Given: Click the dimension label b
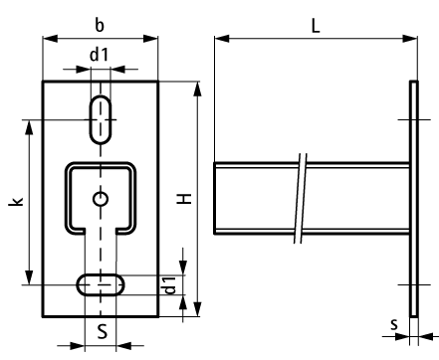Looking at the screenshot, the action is [x=100, y=25].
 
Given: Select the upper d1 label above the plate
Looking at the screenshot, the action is [x=100, y=55].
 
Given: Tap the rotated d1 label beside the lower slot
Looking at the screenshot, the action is [x=170, y=285].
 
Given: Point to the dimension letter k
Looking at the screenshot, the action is [x=16, y=201].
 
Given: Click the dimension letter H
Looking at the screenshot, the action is [x=184, y=199].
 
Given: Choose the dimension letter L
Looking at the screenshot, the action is [x=316, y=26].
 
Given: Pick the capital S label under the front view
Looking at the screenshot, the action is [x=103, y=331].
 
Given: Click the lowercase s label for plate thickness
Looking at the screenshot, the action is [x=394, y=324].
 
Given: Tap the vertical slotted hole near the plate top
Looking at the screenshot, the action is [x=101, y=119].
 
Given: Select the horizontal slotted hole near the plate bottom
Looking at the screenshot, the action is [x=101, y=284].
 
